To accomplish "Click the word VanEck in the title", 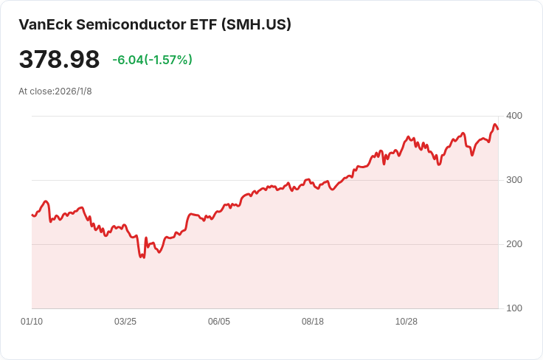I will (45, 24).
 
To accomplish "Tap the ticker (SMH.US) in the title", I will (257, 24).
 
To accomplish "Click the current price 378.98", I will (59, 60).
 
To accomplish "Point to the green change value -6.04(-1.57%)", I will (152, 60).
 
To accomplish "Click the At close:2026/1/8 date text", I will (55, 91).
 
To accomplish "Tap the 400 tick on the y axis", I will (513, 116).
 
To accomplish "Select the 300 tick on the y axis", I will (513, 180).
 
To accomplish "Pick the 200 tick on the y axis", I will (513, 244).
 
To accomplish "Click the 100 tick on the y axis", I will (513, 308).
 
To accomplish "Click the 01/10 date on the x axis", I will (32, 322).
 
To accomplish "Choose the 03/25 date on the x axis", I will (125, 322).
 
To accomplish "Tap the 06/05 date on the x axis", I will (219, 322).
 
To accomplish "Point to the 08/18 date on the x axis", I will (313, 322).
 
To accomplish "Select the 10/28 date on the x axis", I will (407, 322).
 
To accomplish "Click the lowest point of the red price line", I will (143, 257).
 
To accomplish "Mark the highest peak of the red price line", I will (495, 125).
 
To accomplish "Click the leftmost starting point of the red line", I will (32, 215).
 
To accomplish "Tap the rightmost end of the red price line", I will (498, 129).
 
